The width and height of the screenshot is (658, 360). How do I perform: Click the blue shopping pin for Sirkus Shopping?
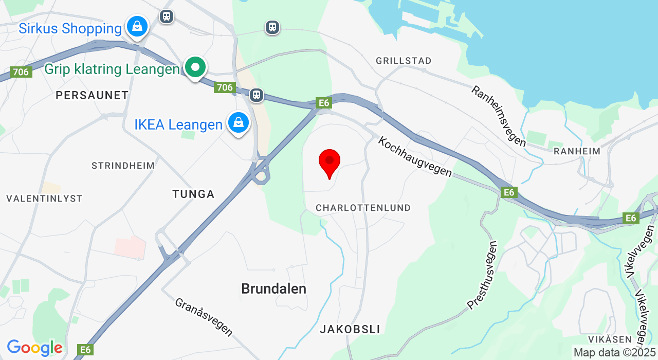[x=137, y=26]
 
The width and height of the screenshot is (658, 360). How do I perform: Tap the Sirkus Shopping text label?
[x=70, y=28]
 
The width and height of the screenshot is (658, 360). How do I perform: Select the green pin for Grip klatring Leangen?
[x=195, y=67]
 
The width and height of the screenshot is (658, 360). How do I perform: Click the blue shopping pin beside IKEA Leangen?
[x=239, y=123]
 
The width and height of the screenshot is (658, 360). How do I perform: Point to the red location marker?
[x=330, y=161]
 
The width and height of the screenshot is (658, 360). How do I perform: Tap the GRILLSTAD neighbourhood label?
[x=404, y=61]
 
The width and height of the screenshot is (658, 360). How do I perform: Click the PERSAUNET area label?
[x=92, y=95]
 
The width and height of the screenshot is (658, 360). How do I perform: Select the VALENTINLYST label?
[x=44, y=199]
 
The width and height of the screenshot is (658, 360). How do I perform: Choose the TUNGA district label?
[x=193, y=194]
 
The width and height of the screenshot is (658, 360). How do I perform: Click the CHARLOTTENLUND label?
[x=363, y=208]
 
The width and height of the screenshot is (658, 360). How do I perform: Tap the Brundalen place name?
[x=274, y=289]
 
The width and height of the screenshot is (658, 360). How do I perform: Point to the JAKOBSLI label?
[x=350, y=329]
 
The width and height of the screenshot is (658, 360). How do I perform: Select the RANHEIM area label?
[x=577, y=151]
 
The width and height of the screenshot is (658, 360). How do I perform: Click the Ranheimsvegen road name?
[x=499, y=116]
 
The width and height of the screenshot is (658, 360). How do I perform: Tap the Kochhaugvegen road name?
[x=415, y=157]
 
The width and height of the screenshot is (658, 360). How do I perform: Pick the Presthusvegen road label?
[x=483, y=275]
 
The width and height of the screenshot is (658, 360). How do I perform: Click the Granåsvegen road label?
[x=204, y=317]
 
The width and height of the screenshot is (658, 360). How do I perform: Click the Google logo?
[x=35, y=348]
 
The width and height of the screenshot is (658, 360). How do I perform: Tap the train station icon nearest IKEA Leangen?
[x=257, y=95]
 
